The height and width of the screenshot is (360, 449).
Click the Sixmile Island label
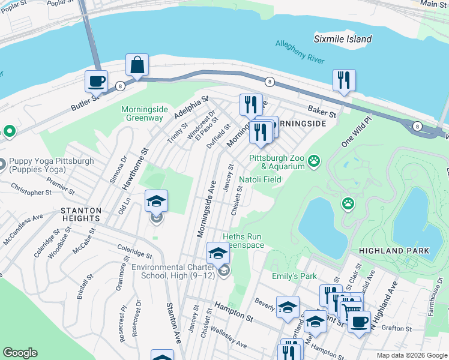pos(343,39)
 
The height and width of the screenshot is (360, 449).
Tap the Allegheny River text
pos(300,52)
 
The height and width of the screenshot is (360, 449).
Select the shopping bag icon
pos(137,65)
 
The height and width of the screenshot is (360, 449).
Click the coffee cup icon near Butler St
pos(95,80)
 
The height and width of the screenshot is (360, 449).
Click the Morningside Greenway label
pos(142,113)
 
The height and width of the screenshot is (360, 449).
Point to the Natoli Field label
pos(260,179)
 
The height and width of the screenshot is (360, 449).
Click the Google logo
pos(20,353)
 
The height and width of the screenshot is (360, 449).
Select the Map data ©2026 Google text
pos(411,355)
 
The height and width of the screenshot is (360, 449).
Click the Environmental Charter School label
pos(174,271)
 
